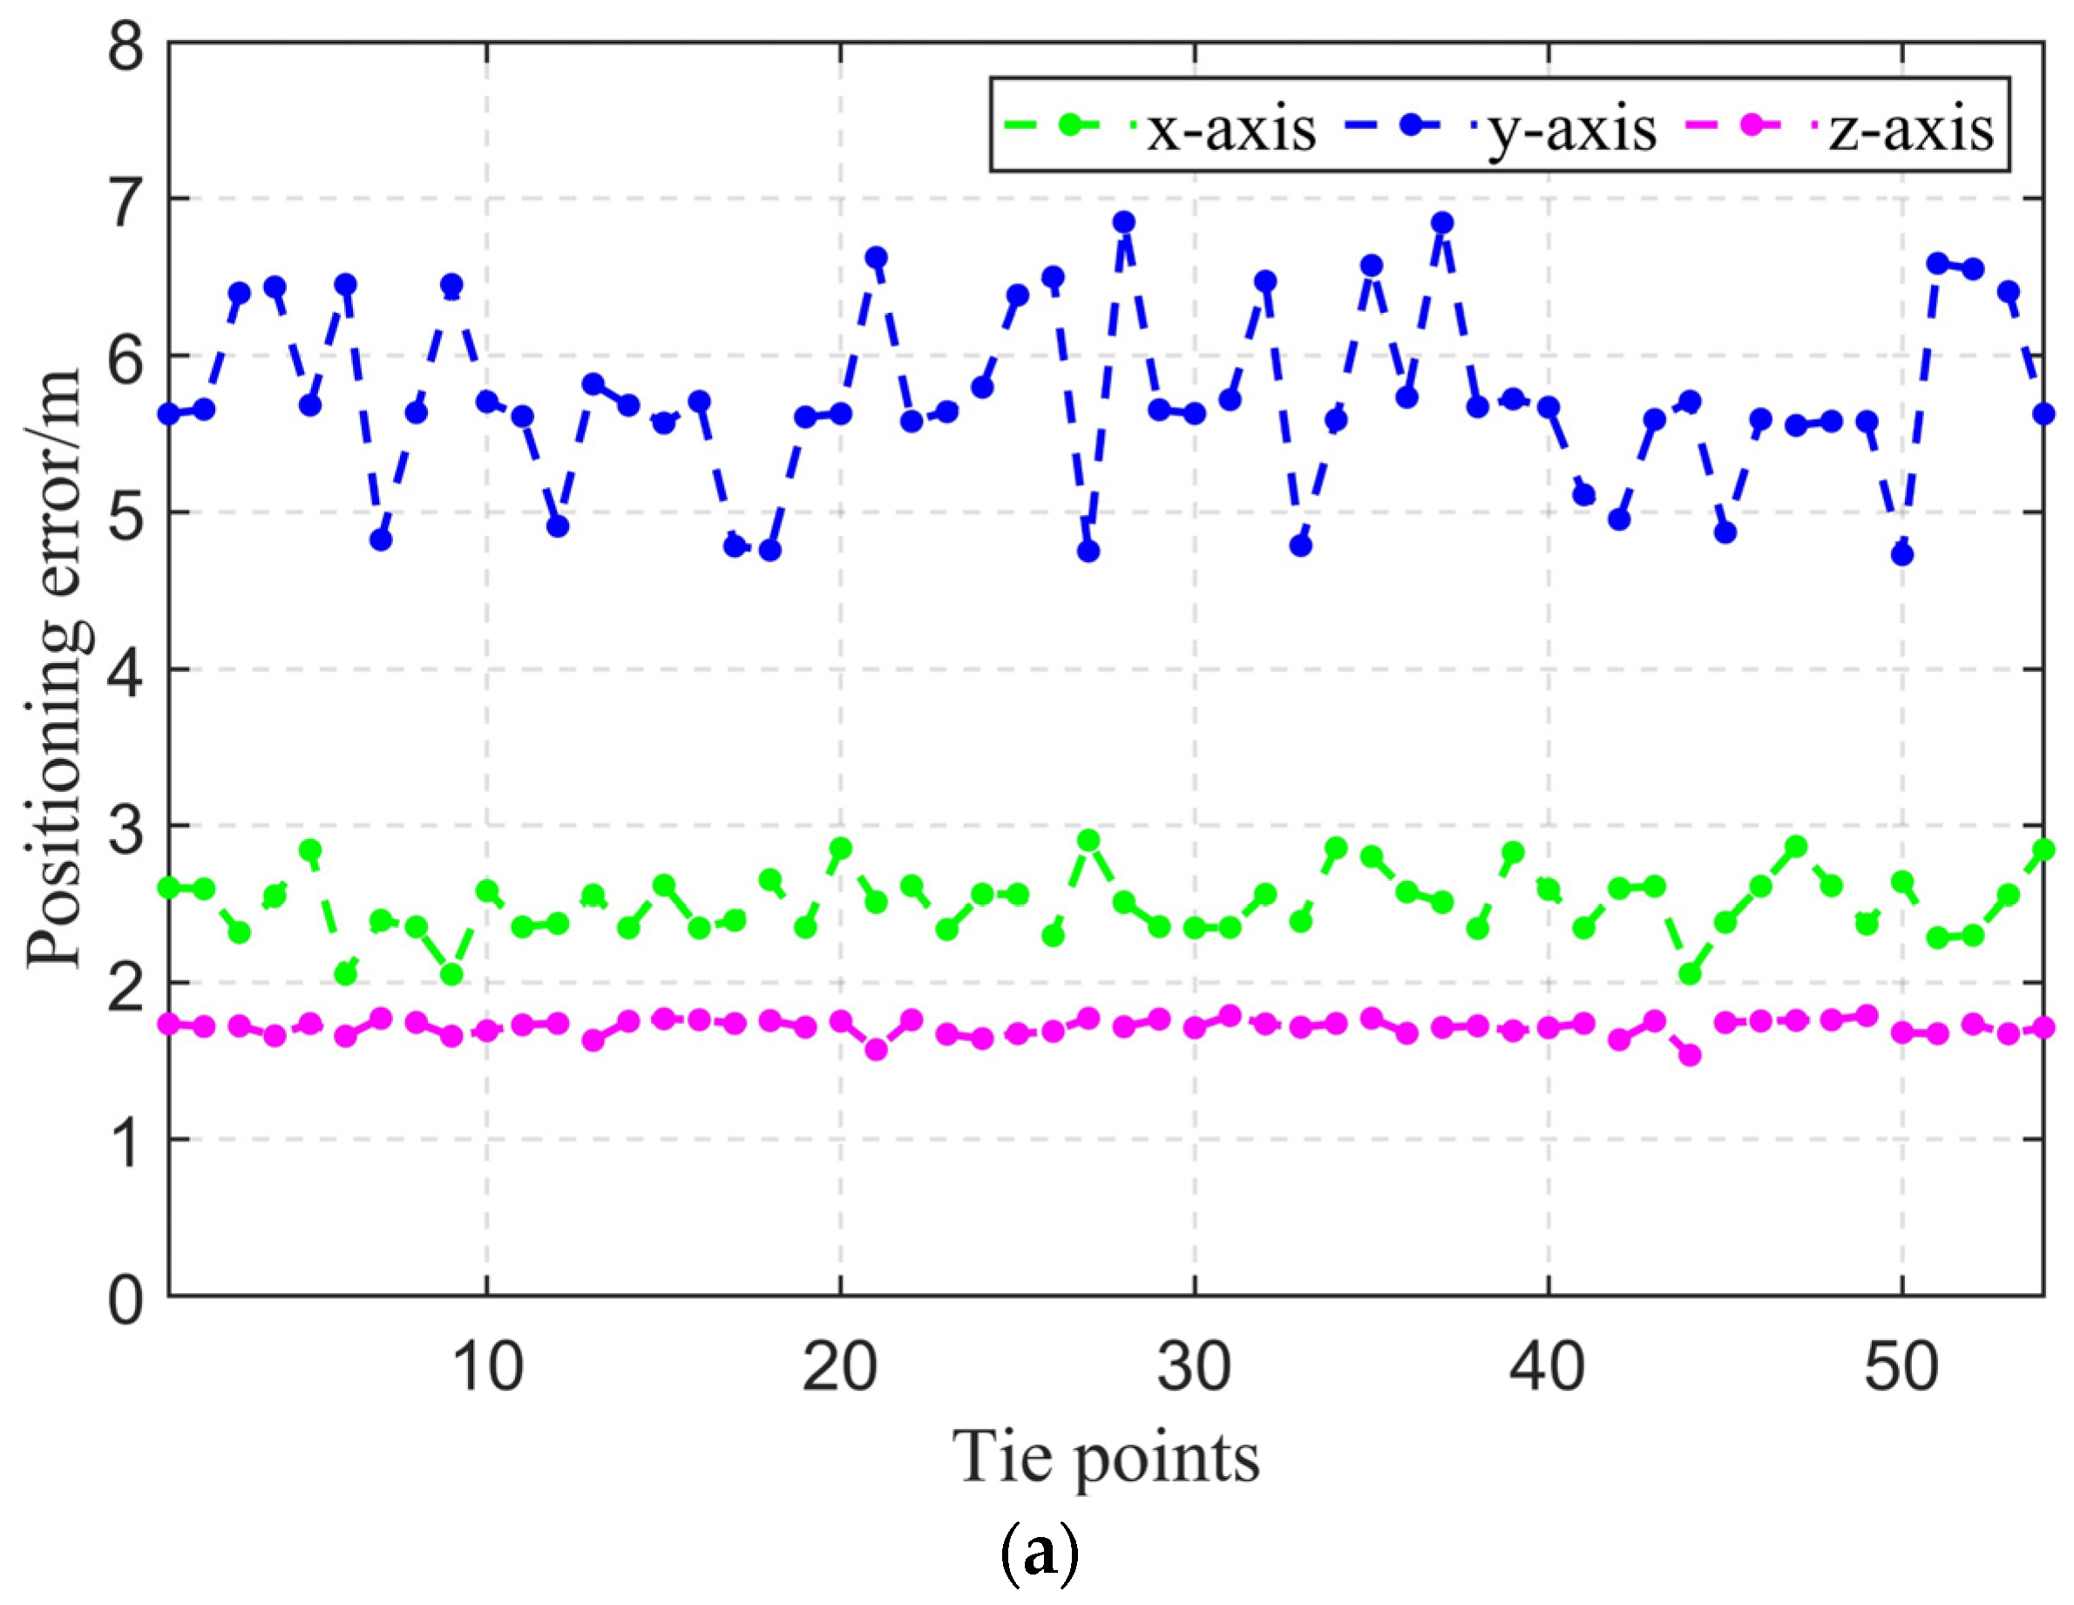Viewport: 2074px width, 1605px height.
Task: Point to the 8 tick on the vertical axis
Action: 126,44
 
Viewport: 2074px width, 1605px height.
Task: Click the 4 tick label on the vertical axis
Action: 126,670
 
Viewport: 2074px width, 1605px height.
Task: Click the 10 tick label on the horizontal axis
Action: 486,1369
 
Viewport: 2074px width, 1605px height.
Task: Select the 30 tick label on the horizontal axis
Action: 1194,1369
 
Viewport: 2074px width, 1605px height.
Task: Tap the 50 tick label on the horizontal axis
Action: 1901,1369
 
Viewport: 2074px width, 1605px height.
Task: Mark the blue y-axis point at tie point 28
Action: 1123,222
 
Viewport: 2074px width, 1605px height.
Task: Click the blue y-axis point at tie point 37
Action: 1441,222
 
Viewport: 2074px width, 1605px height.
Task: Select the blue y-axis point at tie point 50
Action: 1901,555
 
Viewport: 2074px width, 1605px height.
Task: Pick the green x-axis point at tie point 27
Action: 1088,841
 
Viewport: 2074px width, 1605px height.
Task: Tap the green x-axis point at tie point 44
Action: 1690,973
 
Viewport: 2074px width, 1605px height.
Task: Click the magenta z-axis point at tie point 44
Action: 1690,1055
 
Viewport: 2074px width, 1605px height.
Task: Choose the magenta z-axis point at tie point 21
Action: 876,1049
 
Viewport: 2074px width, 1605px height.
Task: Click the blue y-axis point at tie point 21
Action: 876,257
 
